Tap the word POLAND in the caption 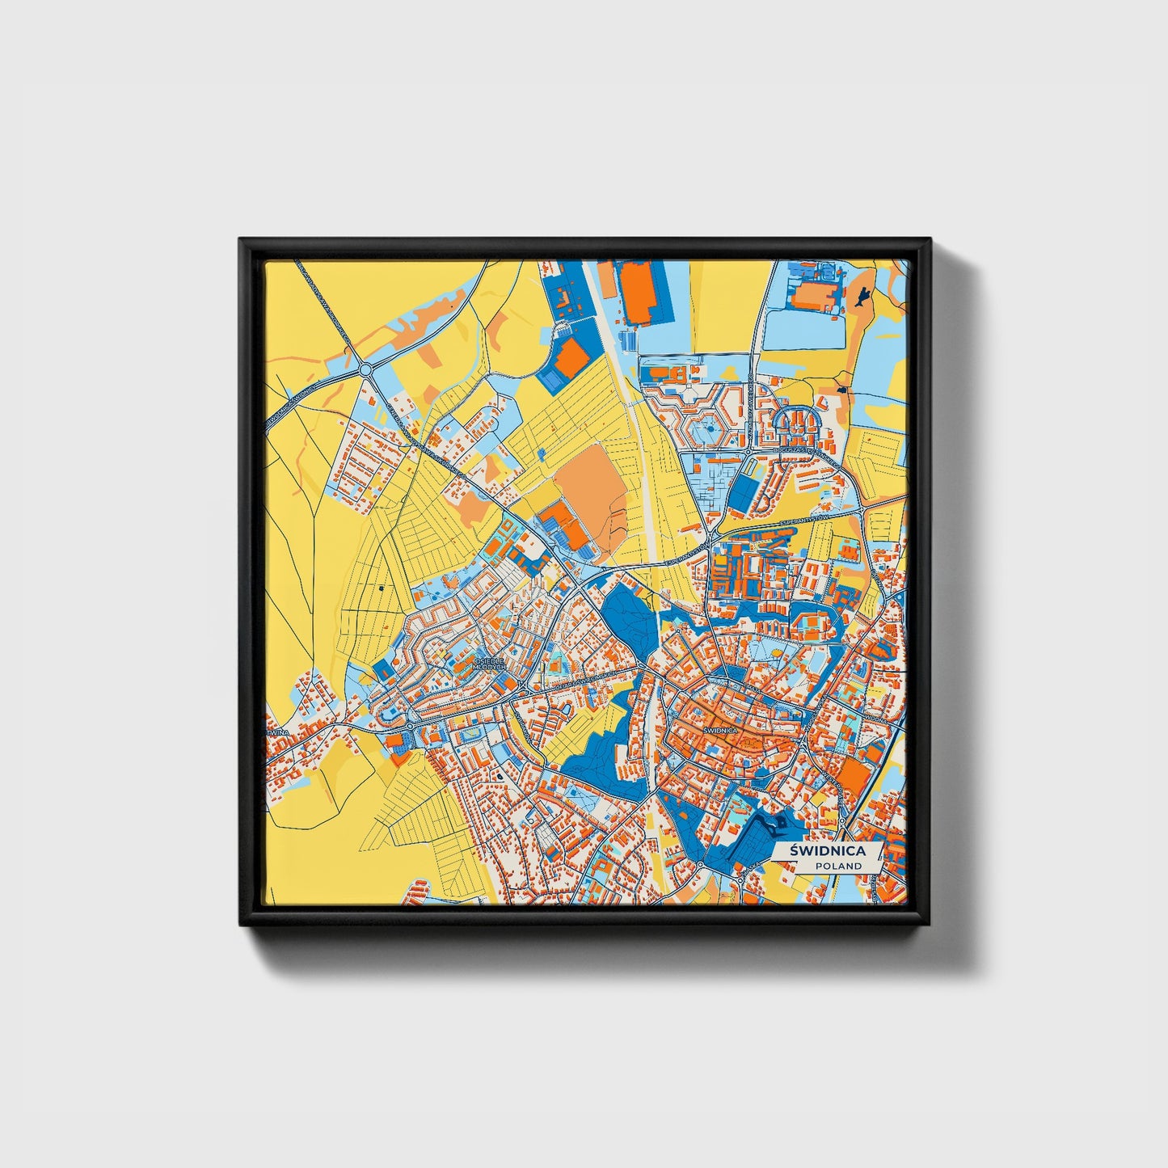[x=838, y=866]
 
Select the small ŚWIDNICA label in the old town [x=720, y=730]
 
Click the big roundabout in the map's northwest [x=365, y=369]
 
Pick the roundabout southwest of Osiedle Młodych [x=409, y=725]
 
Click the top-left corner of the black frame [x=241, y=240]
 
